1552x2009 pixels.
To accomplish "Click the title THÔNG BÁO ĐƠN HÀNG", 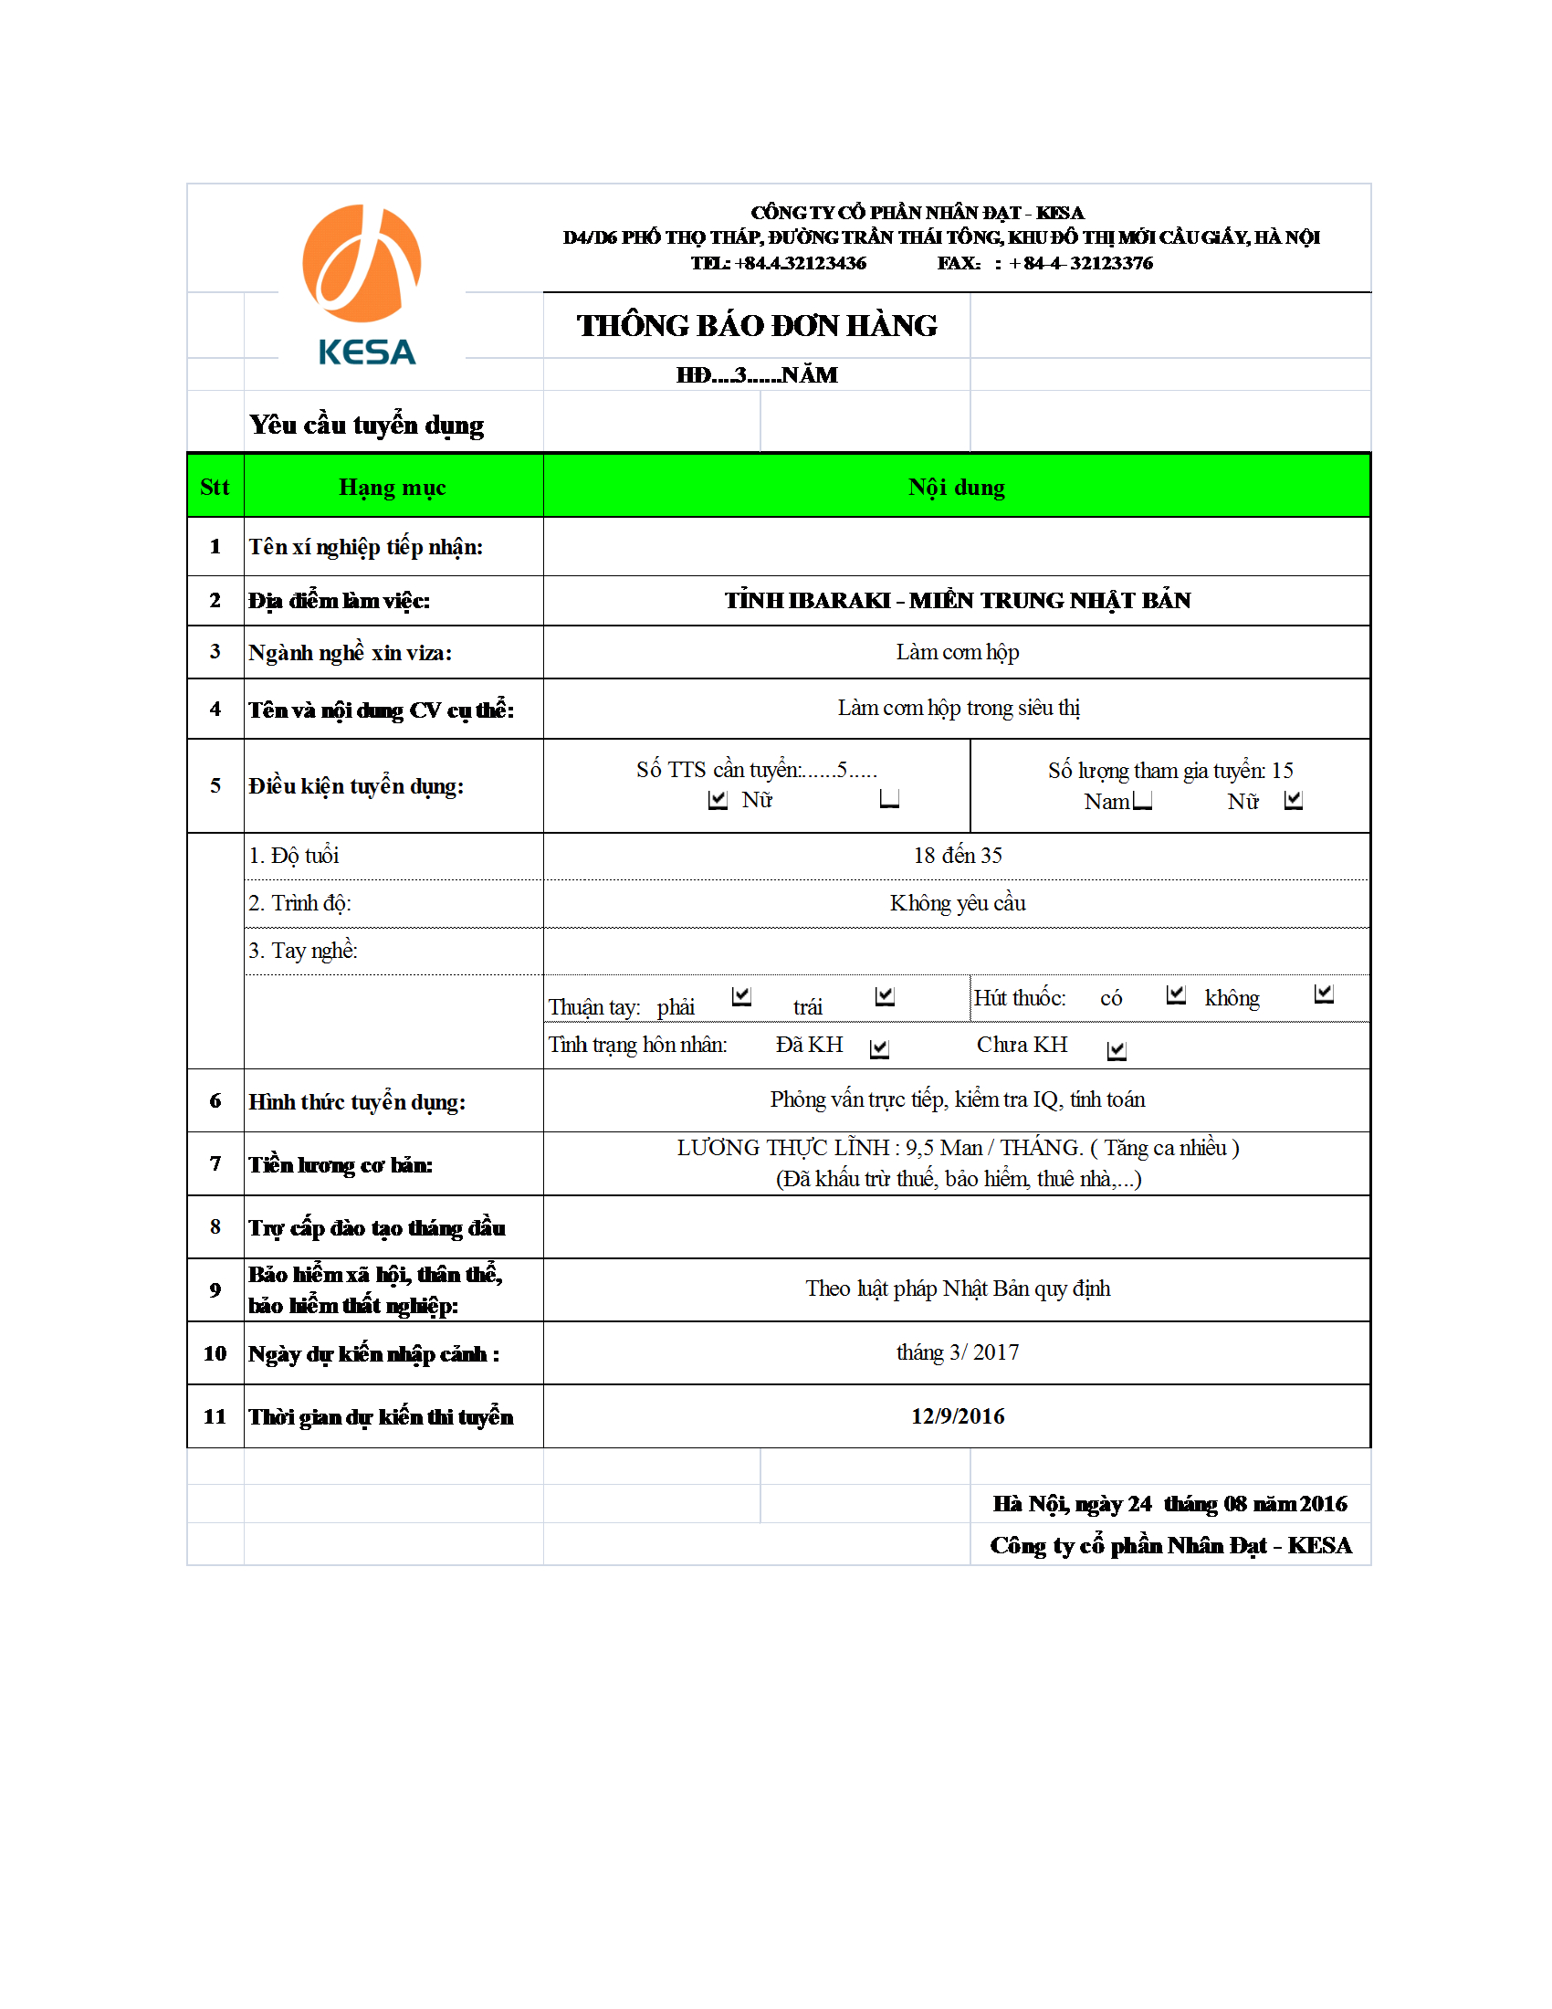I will (756, 326).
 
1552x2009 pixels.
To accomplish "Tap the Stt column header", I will (215, 487).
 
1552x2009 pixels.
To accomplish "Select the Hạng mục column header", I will (393, 487).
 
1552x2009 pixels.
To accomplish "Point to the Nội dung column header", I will (956, 487).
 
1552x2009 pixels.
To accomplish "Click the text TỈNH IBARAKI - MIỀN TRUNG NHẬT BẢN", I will (956, 600).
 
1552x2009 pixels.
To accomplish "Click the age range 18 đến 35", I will (957, 856).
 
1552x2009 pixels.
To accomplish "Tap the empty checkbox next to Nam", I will (1142, 800).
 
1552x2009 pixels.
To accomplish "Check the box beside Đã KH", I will (879, 1048).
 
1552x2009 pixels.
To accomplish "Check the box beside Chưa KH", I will (1117, 1049).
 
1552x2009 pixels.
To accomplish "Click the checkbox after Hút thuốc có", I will (1175, 994).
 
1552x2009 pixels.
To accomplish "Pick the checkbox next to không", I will (1323, 994).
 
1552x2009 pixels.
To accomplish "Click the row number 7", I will (215, 1163).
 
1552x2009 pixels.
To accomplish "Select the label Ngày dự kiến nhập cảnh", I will (373, 1353).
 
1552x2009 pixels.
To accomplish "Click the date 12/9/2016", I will (957, 1415).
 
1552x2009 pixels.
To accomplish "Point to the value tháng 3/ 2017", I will (957, 1352).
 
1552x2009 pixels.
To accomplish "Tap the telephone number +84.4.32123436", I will (800, 263).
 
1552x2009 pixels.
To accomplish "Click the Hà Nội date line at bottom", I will (1169, 1504).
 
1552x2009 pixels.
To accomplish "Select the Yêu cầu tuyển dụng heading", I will (366, 425).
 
